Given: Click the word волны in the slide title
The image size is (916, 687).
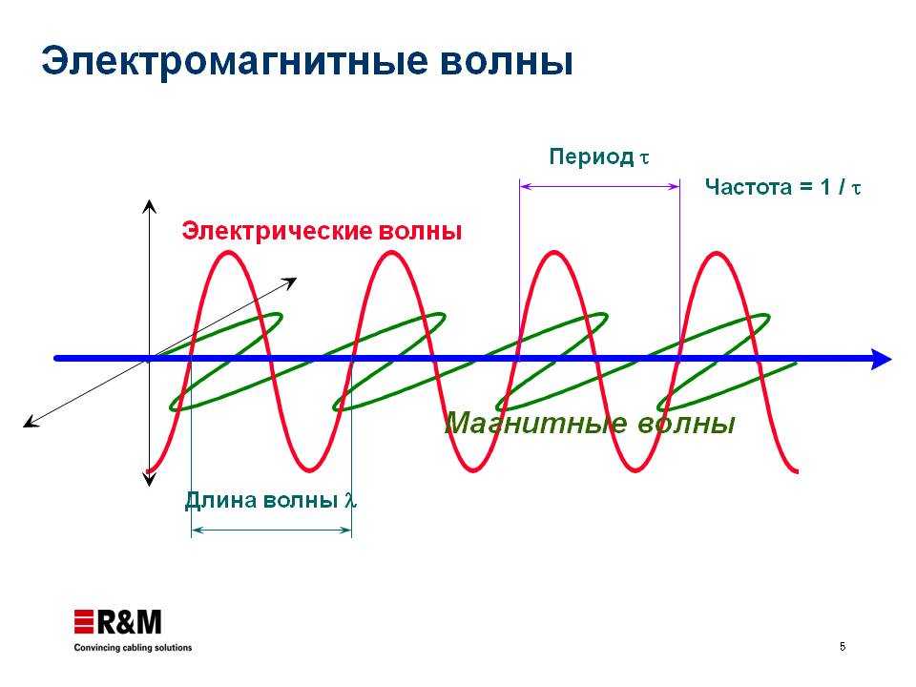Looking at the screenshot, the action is (506, 62).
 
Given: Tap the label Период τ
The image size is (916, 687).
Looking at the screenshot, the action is (599, 157).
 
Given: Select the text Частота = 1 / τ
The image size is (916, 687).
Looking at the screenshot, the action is (783, 187).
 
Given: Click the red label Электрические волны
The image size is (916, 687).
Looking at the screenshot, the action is (322, 231).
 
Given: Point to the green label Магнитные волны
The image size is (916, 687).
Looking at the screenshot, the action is (590, 423).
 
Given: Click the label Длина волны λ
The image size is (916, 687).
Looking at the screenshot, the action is (271, 500).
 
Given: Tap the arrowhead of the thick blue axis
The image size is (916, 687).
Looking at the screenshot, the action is (881, 359).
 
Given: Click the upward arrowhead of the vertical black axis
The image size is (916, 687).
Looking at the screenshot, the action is (150, 206).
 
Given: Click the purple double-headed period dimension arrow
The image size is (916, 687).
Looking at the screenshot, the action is (599, 186).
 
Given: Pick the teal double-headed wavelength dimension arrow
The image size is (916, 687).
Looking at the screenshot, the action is (272, 531).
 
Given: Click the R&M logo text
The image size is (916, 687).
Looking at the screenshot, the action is (129, 622).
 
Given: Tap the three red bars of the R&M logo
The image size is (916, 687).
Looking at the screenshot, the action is (84, 621).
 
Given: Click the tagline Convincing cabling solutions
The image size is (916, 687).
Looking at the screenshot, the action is (133, 648).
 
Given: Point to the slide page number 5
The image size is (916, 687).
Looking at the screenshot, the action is (843, 647).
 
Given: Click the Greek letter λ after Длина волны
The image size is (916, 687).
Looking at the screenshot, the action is (350, 500).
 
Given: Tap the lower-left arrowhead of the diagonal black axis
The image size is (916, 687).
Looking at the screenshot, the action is (31, 423).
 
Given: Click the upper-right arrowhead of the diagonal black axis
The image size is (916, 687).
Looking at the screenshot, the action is (290, 282).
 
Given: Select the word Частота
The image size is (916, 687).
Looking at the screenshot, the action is (748, 187).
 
